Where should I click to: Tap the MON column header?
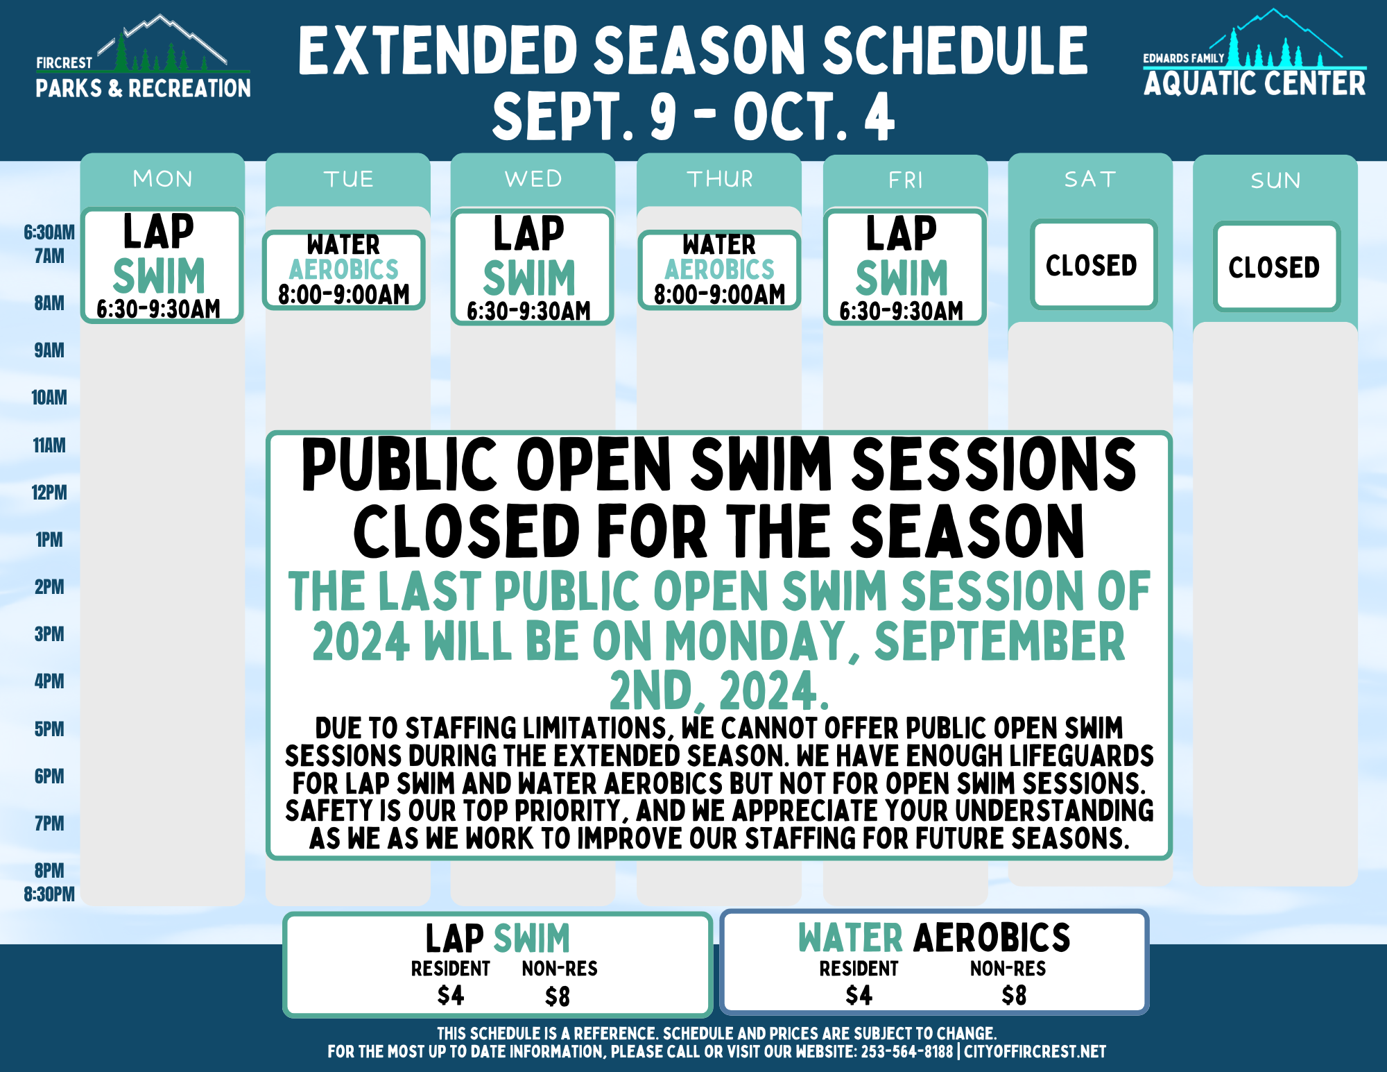coord(162,179)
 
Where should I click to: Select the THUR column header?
coord(720,179)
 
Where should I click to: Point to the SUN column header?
coord(1275,180)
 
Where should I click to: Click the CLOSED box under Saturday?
coord(1092,264)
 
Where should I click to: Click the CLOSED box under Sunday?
coord(1275,266)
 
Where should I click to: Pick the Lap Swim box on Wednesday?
coord(531,266)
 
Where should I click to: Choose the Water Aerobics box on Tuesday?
coord(343,270)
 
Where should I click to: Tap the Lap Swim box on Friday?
coord(904,266)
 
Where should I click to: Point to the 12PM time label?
coord(49,493)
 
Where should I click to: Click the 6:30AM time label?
coord(49,232)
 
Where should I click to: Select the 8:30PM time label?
coord(49,894)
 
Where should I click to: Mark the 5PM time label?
coord(49,729)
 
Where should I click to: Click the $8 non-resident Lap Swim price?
coord(558,997)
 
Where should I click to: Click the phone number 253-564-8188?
coord(907,1052)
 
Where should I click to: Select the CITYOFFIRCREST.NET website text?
coord(1035,1052)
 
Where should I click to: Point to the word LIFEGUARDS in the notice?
coord(1082,756)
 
